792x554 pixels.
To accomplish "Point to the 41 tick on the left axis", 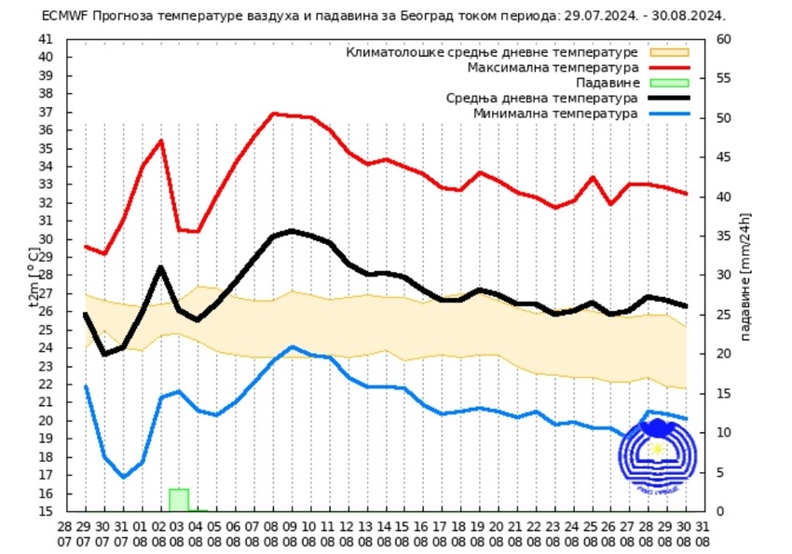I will pyautogui.click(x=47, y=39).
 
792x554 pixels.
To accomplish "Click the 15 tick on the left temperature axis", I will pyautogui.click(x=47, y=511).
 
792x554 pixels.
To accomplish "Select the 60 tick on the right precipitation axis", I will pyautogui.click(x=723, y=39).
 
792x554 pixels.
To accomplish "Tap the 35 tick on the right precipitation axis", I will pyautogui.click(x=723, y=236).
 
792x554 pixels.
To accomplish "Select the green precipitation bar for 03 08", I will pyautogui.click(x=179, y=499).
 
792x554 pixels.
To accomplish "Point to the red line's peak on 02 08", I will pyautogui.click(x=161, y=141).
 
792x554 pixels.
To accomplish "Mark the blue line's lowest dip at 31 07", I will pyautogui.click(x=123, y=477).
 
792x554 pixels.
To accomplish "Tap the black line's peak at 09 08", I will pyautogui.click(x=292, y=230).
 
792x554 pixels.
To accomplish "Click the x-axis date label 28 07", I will pyautogui.click(x=65, y=532).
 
